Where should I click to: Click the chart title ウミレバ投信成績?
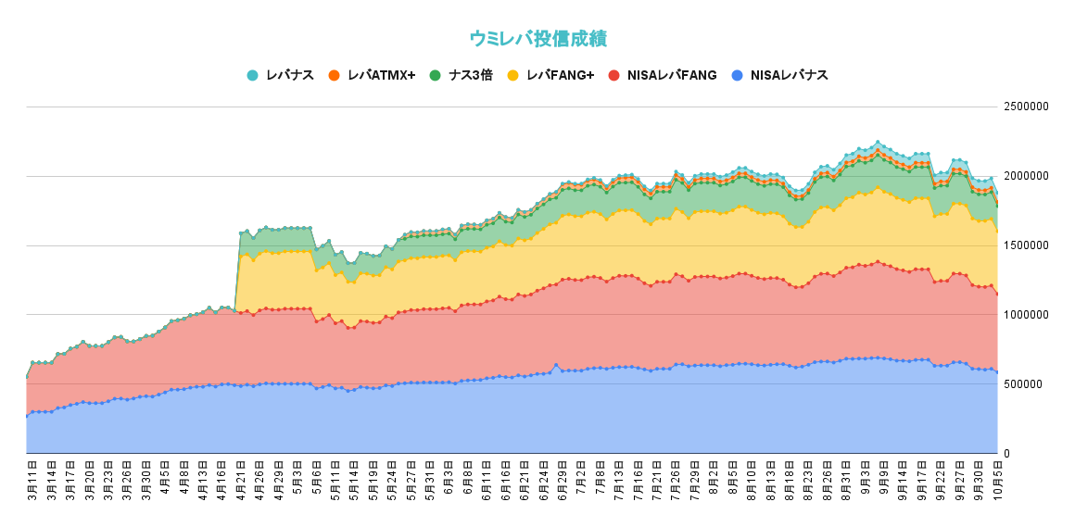(x=537, y=39)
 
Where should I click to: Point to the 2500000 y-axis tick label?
(x=1027, y=107)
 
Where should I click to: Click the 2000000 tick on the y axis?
(x=1027, y=176)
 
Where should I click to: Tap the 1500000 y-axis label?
(x=1027, y=245)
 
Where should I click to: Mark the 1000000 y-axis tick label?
(x=1027, y=315)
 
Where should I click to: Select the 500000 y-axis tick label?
(x=1024, y=384)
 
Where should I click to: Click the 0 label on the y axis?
(x=1008, y=454)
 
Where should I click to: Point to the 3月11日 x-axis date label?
(x=32, y=478)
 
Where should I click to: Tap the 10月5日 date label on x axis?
(x=996, y=478)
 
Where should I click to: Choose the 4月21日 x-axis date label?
(x=240, y=478)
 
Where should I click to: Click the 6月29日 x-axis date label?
(x=563, y=478)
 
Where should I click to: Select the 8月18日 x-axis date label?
(x=789, y=478)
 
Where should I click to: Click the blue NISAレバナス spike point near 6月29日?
(x=555, y=365)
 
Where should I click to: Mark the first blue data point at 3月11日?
(x=27, y=416)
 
